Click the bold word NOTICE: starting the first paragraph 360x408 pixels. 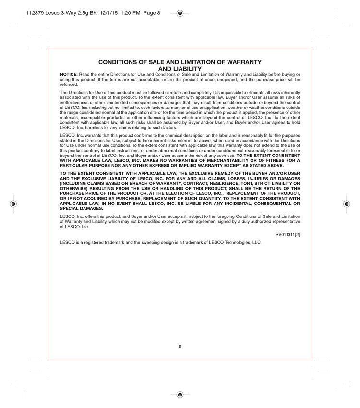coord(69,75)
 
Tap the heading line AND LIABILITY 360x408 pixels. coord(180,69)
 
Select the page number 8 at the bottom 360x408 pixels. coord(180,346)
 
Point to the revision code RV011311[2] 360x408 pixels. coord(288,235)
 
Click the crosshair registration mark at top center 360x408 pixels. coord(180,13)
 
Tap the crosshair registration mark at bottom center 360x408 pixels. coord(180,395)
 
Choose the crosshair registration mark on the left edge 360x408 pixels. coord(13,204)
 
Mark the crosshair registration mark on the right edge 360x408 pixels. coord(346,204)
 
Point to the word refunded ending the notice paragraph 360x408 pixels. coord(69,84)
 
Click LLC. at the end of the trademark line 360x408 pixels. coord(257,243)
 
